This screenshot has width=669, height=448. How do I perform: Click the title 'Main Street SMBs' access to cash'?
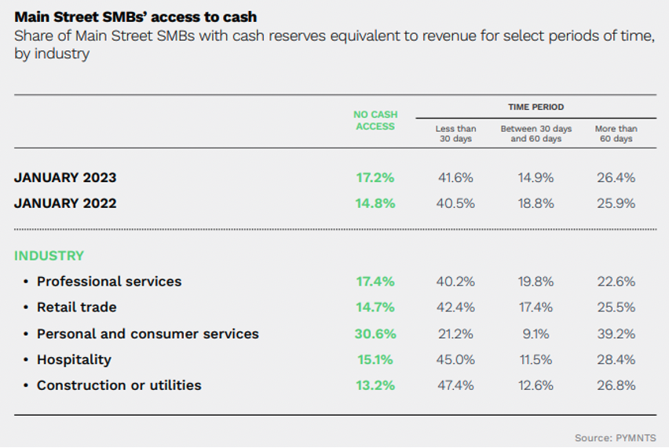pos(136,16)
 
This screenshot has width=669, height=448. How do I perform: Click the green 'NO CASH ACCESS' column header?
pos(375,120)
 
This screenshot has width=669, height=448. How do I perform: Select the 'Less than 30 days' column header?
pos(455,133)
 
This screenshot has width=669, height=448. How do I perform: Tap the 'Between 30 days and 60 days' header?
pos(536,133)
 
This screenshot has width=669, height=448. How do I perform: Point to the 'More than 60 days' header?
pos(616,133)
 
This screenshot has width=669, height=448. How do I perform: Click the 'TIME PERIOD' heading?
pos(536,107)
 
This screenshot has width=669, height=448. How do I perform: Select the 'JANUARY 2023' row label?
pos(65,177)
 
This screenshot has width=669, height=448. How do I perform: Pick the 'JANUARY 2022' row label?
pos(65,203)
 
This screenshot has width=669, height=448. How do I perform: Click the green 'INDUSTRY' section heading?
pos(49,256)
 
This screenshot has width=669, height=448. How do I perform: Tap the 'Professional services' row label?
pos(109,281)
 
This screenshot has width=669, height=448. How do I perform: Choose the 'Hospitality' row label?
pos(74,359)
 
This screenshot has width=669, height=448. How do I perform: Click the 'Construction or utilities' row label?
pos(119,385)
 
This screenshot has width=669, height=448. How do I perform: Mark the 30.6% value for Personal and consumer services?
pos(375,333)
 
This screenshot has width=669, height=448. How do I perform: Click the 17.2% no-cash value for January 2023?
pos(375,177)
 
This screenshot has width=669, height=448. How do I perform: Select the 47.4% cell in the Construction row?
pos(455,385)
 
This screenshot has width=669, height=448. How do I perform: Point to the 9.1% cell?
pos(536,333)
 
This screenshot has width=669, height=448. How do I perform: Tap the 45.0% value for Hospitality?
pos(455,359)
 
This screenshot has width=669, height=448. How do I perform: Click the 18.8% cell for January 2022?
pos(536,203)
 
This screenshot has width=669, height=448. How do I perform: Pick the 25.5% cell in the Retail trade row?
pos(616,307)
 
